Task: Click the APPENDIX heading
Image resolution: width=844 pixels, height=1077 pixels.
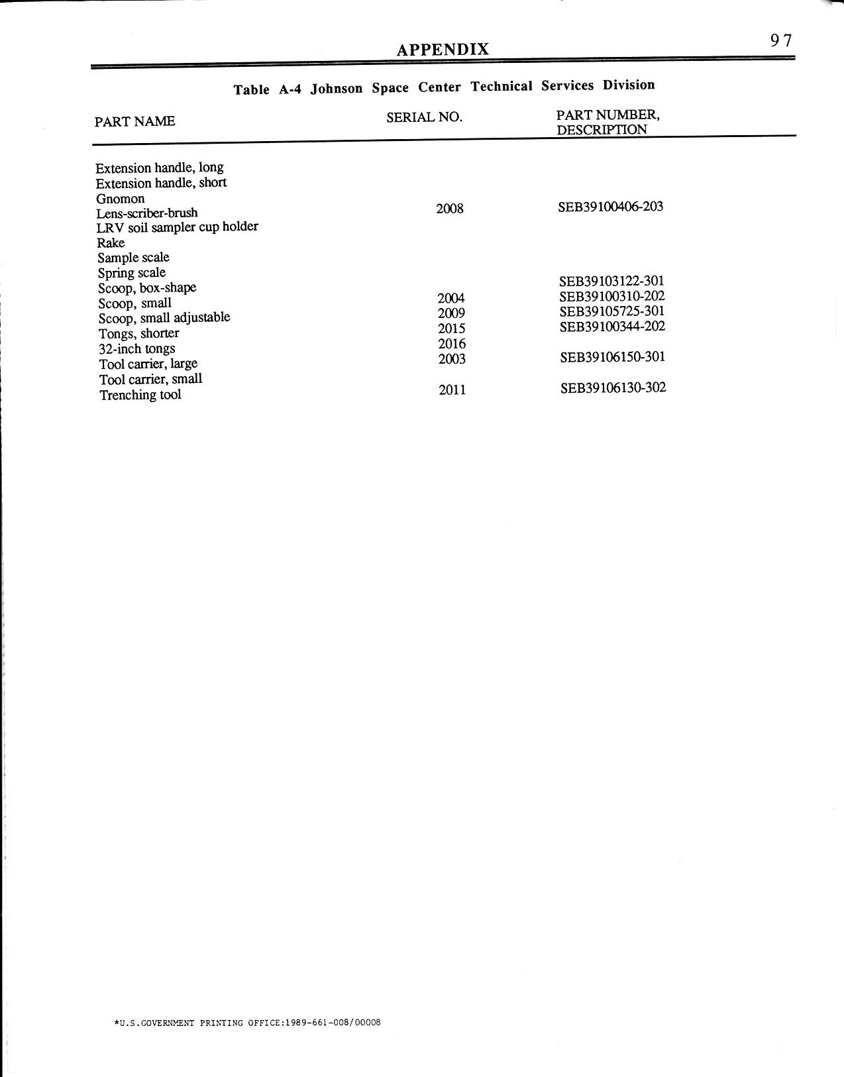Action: pos(443,49)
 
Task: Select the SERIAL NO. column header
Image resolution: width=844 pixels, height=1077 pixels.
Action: pos(424,117)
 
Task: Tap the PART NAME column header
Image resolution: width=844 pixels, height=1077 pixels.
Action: pos(135,121)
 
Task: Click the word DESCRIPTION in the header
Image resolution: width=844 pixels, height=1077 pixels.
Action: pos(602,130)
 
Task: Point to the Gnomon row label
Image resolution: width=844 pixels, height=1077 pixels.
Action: pos(120,199)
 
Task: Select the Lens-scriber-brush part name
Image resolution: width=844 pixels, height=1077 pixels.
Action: pos(146,213)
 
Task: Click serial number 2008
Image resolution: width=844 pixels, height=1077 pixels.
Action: pos(450,209)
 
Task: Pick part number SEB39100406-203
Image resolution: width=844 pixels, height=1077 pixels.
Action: pos(610,207)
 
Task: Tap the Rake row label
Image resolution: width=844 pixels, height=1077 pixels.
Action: pos(111,242)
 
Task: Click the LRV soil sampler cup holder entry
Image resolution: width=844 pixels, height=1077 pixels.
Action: pos(177,227)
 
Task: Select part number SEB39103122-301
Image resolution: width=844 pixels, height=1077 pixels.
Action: pos(611,282)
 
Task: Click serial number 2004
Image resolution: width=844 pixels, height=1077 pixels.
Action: pos(451,299)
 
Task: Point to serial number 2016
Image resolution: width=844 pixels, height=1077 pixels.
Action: pos(452,344)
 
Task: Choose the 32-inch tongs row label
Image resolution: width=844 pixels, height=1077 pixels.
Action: pos(137,349)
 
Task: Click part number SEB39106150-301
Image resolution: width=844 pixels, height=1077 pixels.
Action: pos(612,357)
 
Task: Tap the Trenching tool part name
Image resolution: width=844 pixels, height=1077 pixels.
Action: pos(140,395)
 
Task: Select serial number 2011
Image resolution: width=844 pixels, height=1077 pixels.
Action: pos(452,390)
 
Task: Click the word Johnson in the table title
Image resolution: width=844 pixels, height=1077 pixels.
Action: pos(337,89)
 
